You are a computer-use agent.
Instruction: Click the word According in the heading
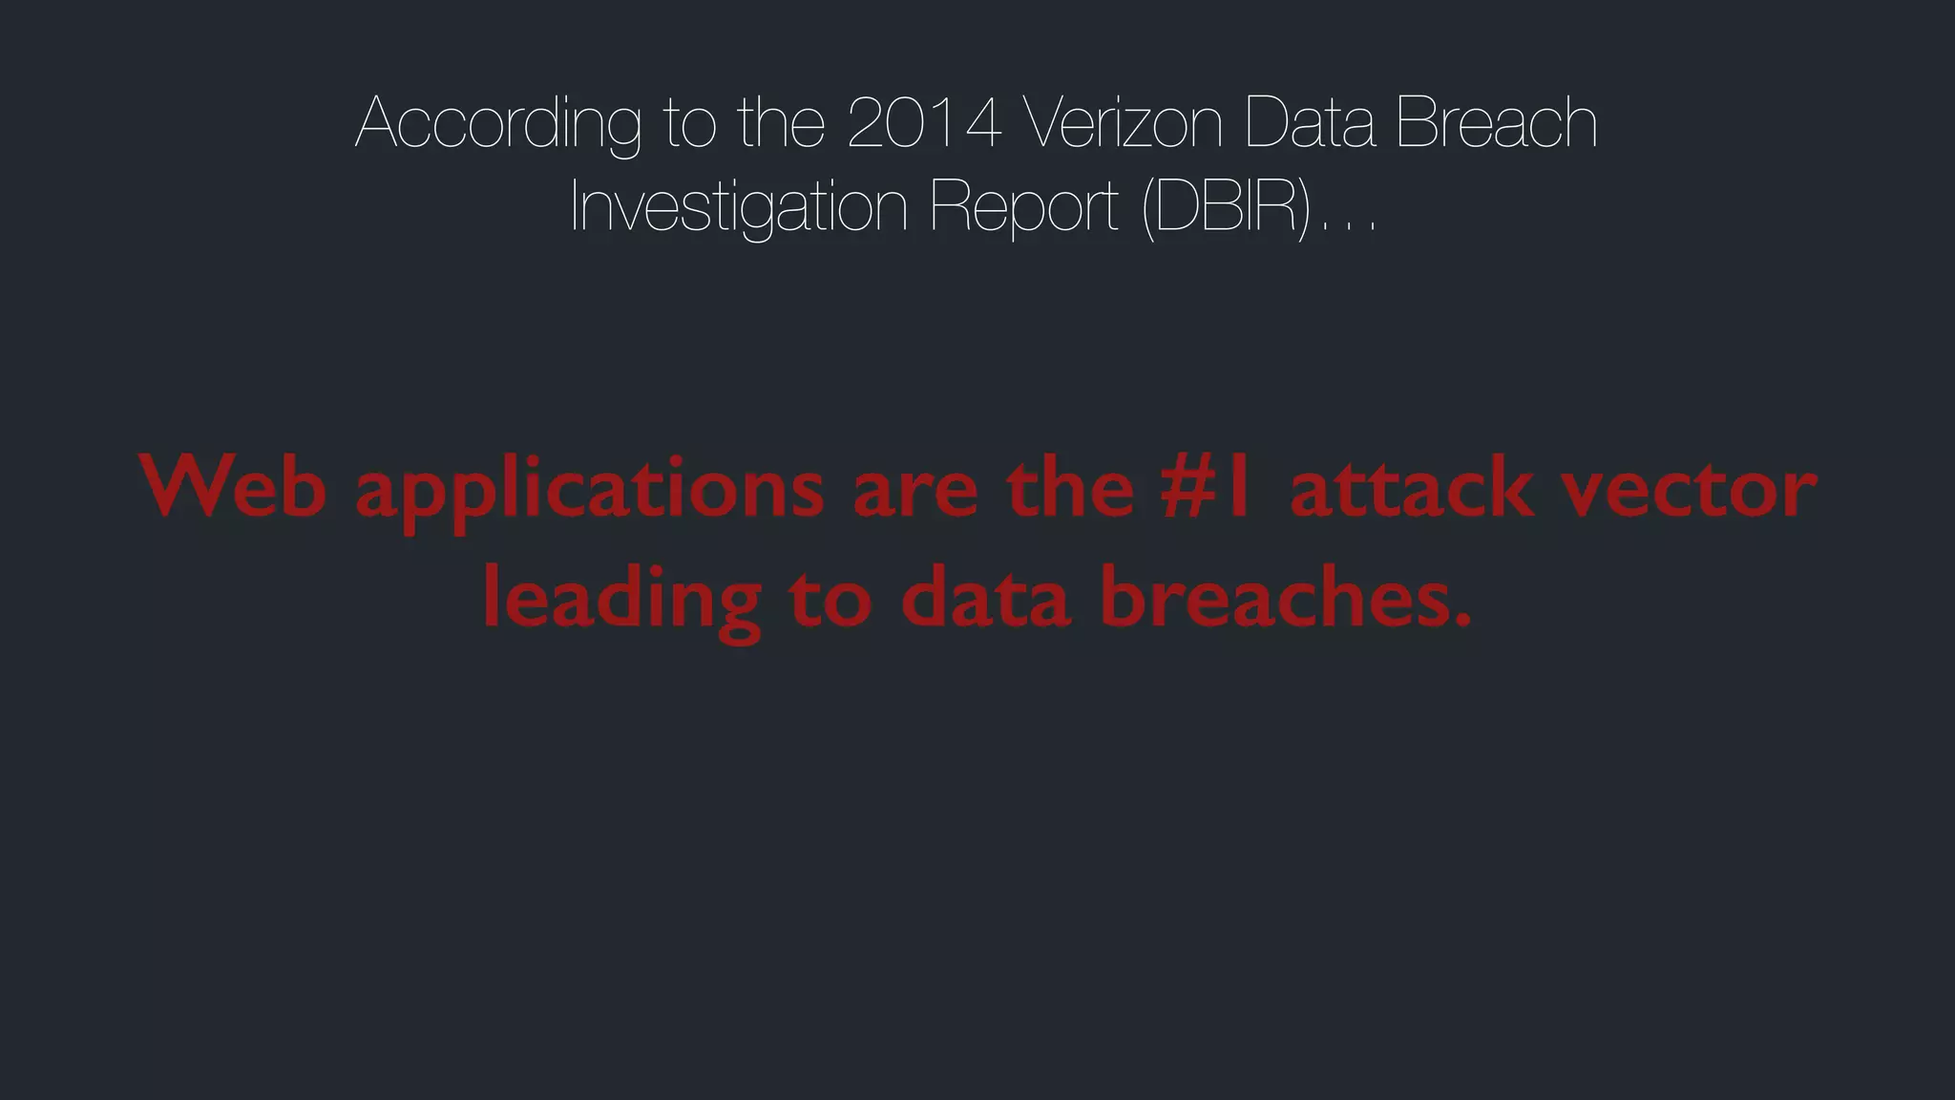pos(498,124)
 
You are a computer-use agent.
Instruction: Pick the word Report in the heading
pos(1023,208)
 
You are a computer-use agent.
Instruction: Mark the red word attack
pos(1411,488)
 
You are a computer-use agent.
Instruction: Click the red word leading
pos(621,600)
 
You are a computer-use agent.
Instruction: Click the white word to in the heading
pos(689,124)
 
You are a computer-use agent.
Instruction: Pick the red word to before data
pos(830,600)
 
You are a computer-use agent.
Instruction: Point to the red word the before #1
pos(1070,488)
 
